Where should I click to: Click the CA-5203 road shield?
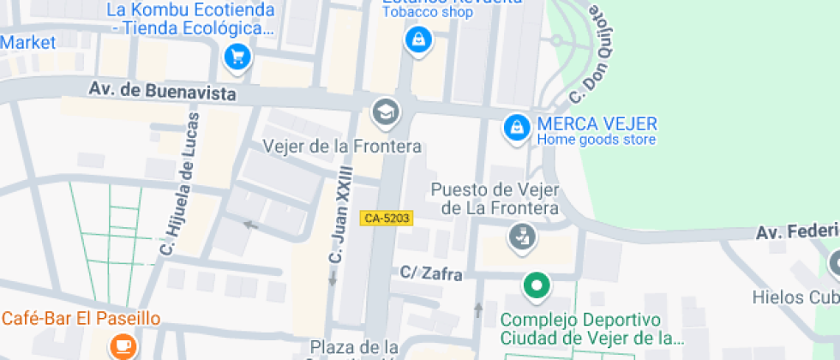[x=387, y=219]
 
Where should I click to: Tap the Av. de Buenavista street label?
[x=163, y=91]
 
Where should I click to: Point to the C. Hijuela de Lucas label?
[x=181, y=184]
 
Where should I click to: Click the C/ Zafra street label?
[x=432, y=273]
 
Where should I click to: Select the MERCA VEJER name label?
[x=597, y=123]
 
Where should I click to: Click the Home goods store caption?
[x=597, y=139]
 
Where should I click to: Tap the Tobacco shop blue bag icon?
[x=417, y=39]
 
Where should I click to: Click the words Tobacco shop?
[x=427, y=12]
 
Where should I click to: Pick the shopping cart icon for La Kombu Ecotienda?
[x=237, y=57]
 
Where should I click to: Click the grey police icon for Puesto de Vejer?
[x=519, y=237]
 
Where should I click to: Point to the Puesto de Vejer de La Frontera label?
[x=495, y=199]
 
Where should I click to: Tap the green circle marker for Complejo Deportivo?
[x=537, y=285]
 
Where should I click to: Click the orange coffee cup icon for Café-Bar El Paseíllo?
[x=123, y=345]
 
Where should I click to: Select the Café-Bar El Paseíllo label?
[x=81, y=319]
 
